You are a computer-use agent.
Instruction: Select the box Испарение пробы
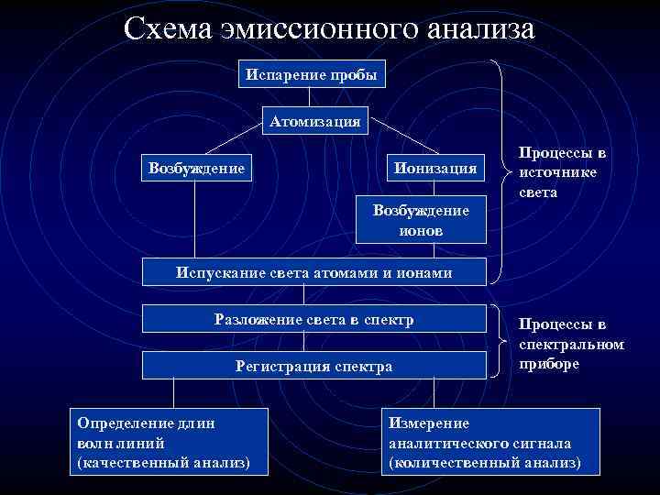tap(310, 74)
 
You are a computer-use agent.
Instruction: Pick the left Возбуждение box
tap(196, 168)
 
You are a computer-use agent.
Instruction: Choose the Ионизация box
tap(435, 168)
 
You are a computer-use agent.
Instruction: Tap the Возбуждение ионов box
tap(421, 220)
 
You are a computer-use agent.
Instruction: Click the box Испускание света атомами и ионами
tap(314, 272)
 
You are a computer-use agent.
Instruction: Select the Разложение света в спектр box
tap(314, 320)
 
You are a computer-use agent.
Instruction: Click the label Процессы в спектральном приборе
tap(571, 343)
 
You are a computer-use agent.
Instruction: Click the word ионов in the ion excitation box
tap(421, 230)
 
